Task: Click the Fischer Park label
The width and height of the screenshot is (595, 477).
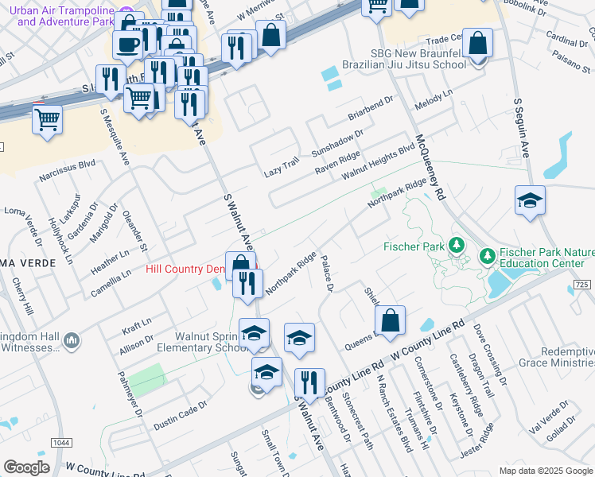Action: pos(413,246)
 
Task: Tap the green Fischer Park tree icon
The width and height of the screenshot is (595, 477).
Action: pos(457,246)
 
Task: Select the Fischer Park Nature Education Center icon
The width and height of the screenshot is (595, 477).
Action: pos(486,256)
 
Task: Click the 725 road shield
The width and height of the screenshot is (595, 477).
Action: pos(581,285)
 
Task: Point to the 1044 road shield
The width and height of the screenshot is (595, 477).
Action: pos(59,442)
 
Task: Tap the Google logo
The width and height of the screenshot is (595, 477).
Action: pos(27,467)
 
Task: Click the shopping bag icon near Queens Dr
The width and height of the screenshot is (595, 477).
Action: pos(390,322)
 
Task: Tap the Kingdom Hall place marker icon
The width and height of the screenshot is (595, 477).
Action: pos(72,340)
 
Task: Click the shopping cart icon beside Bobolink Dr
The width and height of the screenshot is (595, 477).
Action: pos(377,5)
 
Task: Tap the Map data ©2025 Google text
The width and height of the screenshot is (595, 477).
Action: pos(544,471)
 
